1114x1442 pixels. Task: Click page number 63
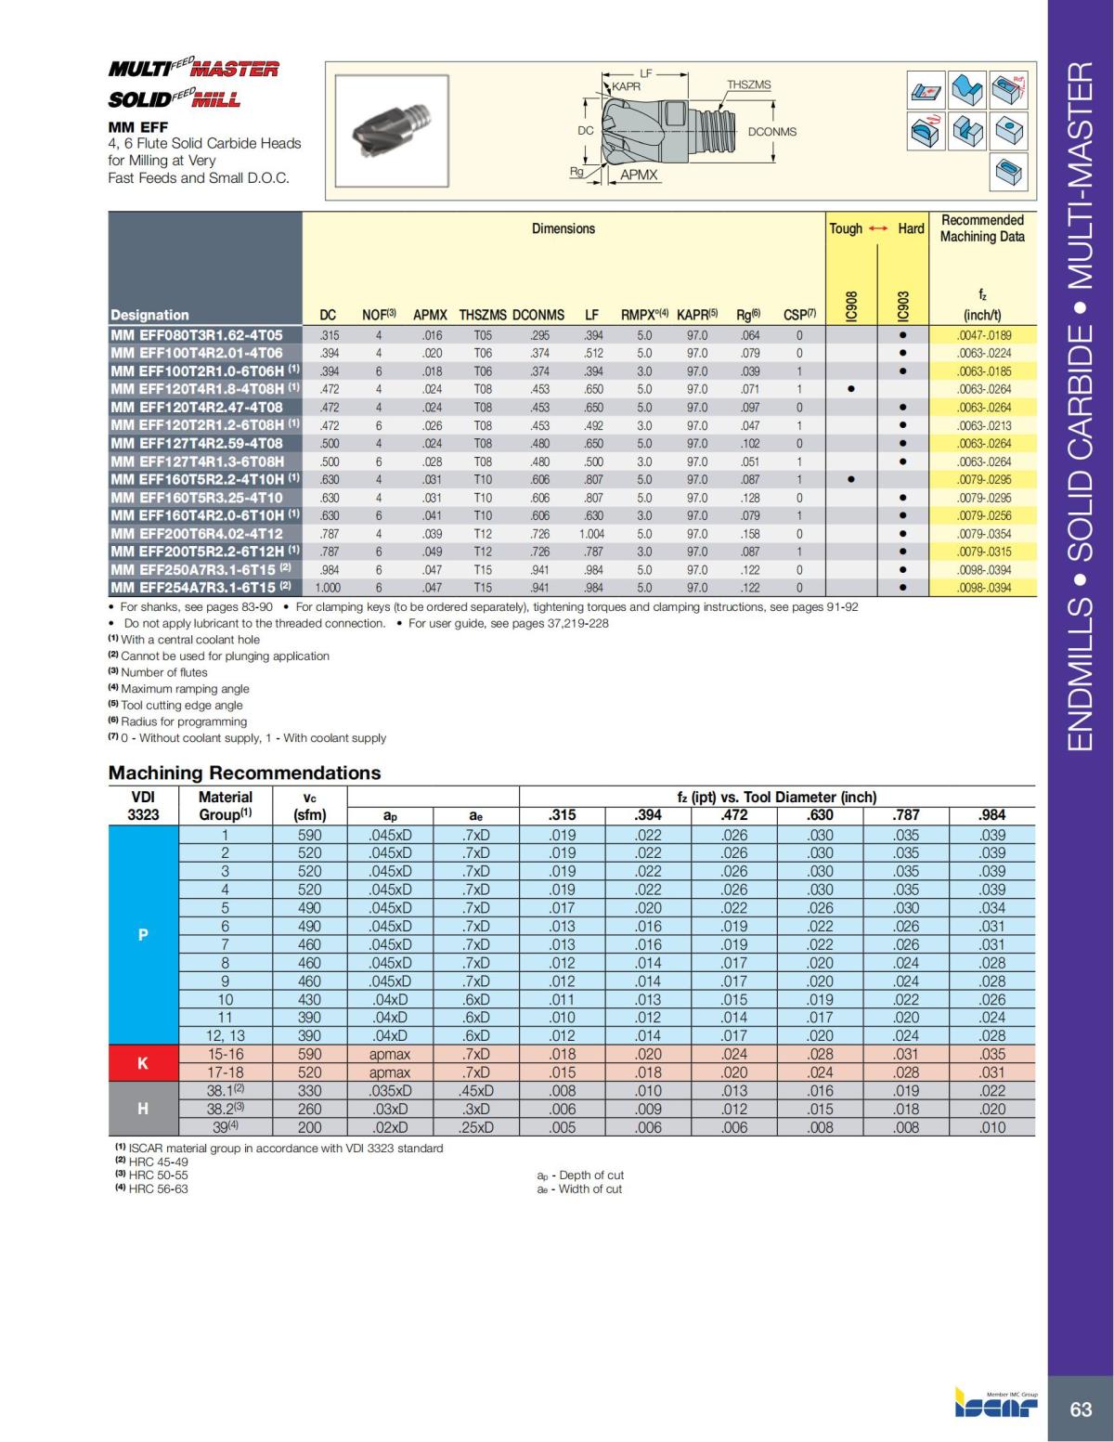coord(1081,1409)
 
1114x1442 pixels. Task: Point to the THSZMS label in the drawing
coord(748,84)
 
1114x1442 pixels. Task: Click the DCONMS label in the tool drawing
coord(771,132)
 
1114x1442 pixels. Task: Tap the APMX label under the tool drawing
coord(639,175)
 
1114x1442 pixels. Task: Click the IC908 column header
coord(851,304)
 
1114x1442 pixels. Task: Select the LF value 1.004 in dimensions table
coord(591,534)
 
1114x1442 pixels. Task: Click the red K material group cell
coord(142,1063)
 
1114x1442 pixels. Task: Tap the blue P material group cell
coord(142,935)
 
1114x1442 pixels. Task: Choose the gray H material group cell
coord(142,1109)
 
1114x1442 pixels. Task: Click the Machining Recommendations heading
coord(244,773)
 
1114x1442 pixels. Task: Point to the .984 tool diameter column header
coord(991,815)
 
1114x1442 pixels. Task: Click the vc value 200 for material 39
coord(309,1127)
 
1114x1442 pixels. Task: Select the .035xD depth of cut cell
coord(390,1091)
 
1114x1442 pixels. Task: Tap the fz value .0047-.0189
coord(983,335)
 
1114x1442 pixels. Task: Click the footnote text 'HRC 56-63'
coord(158,1189)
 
